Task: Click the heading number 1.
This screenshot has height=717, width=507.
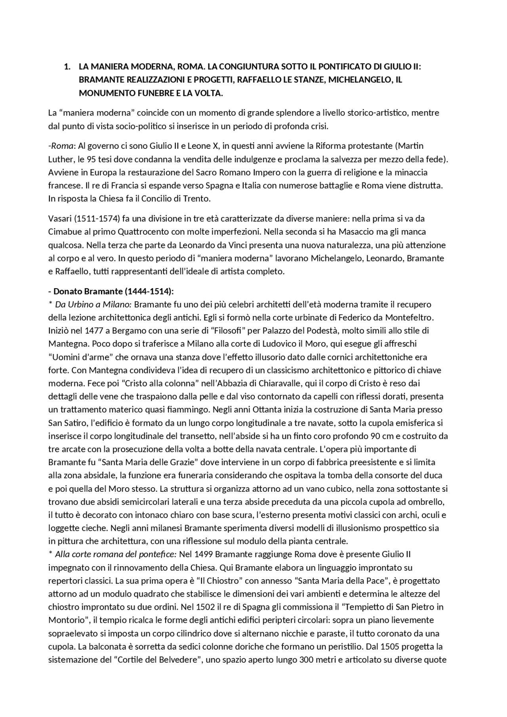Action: click(67, 67)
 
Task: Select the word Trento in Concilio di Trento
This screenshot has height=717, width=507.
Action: click(197, 199)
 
